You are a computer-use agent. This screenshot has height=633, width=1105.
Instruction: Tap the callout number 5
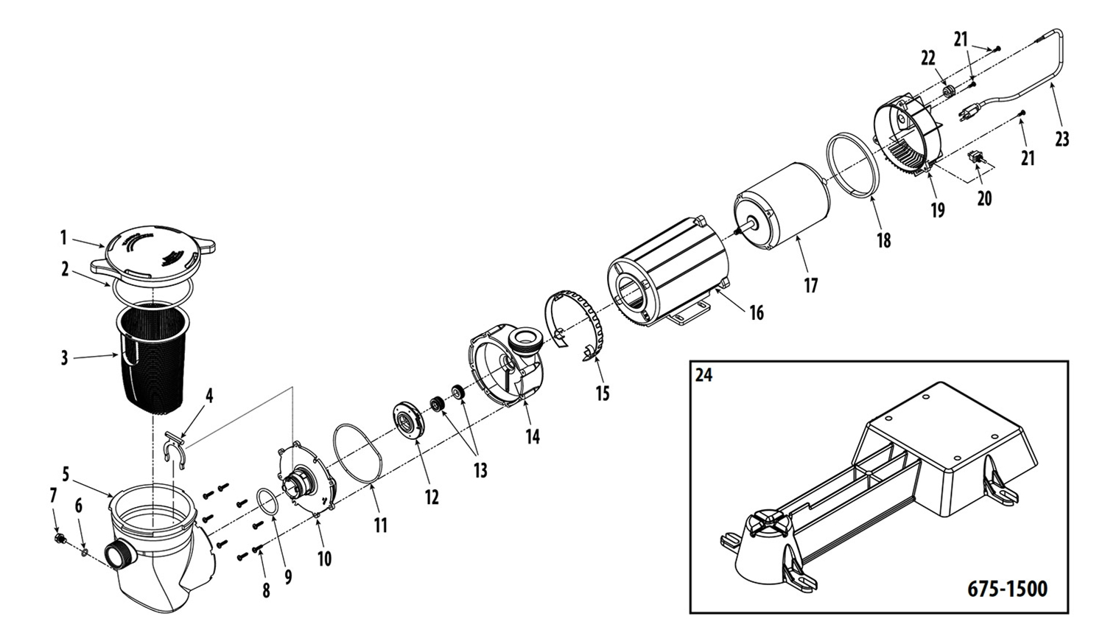(x=66, y=474)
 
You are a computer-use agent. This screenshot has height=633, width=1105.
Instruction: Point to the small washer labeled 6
(x=85, y=552)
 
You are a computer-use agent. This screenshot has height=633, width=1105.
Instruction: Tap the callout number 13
(x=480, y=470)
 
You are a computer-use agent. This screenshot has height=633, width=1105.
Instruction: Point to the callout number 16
(x=757, y=312)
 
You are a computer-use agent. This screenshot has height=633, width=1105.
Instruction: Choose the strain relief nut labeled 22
(x=948, y=91)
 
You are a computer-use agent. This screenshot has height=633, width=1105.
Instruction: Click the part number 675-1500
(x=1007, y=589)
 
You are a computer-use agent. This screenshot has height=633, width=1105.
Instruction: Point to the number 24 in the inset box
(x=704, y=376)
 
